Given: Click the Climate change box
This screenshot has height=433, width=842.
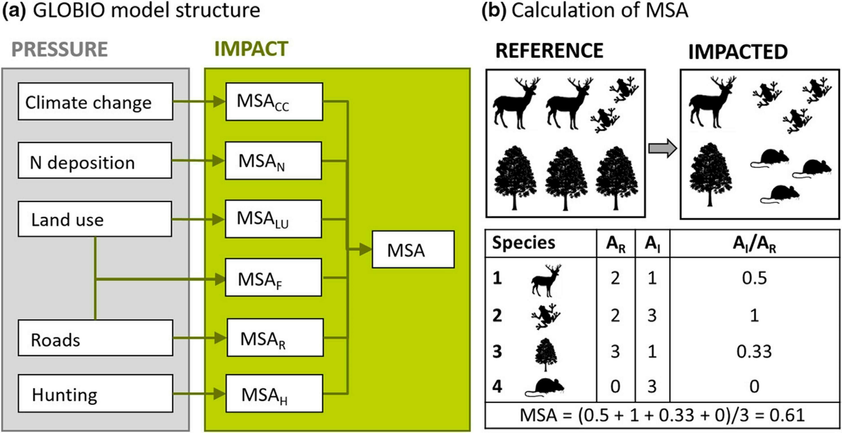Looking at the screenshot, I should [x=95, y=102].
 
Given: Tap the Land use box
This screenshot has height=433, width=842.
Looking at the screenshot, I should [x=95, y=219].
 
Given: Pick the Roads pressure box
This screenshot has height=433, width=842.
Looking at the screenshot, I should [x=95, y=338].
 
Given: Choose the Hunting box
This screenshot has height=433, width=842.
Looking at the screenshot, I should [x=95, y=394].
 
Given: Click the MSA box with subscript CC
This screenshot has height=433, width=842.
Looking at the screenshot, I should [x=274, y=102].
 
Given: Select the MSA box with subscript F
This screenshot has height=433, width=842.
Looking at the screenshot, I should [x=273, y=278].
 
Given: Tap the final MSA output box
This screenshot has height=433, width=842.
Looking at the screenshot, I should [x=413, y=250].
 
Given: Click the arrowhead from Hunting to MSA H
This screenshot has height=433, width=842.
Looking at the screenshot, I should [x=219, y=394].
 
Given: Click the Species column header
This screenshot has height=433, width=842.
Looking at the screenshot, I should [x=523, y=243].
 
